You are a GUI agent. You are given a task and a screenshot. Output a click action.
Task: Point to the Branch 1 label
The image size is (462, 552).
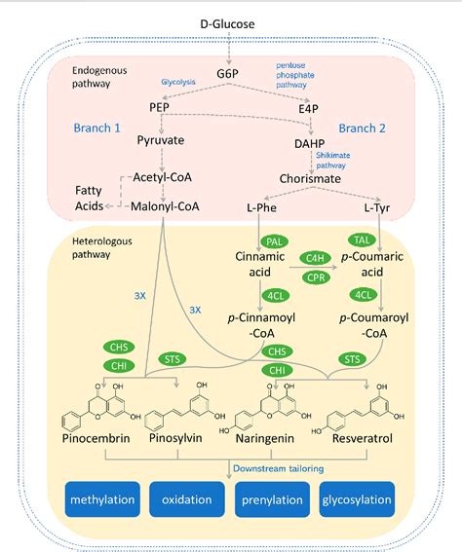point(98,128)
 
